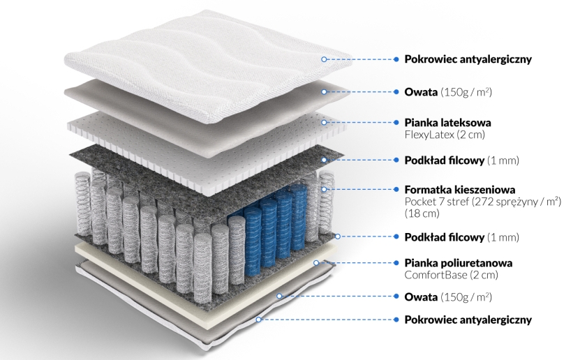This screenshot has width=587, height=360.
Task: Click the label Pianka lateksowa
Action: [x=447, y=123]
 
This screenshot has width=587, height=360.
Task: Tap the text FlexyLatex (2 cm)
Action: [x=445, y=135]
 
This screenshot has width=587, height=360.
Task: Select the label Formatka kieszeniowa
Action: [x=460, y=190]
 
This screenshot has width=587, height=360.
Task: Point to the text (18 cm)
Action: [x=422, y=213]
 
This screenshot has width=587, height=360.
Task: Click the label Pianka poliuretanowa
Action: [x=458, y=263]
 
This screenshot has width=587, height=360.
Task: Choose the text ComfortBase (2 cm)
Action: [x=451, y=275]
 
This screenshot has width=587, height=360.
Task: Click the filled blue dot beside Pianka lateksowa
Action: [x=396, y=122]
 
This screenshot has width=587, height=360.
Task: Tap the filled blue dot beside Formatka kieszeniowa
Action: [x=396, y=189]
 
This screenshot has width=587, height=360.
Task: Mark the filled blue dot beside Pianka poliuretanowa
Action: [x=396, y=263]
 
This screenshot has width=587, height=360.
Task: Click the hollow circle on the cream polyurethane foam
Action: [x=316, y=263]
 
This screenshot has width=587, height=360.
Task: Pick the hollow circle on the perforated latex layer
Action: [x=324, y=122]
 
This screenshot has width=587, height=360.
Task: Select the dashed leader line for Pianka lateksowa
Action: [x=360, y=122]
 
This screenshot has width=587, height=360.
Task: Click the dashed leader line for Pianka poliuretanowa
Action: [x=356, y=263]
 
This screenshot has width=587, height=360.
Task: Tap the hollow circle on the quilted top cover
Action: [x=324, y=59]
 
